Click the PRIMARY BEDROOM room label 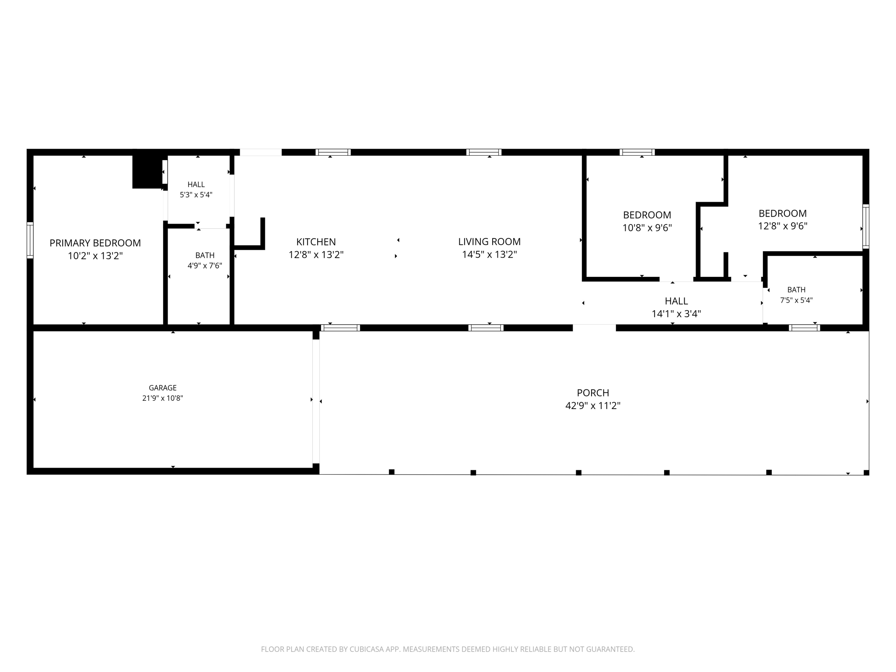point(95,243)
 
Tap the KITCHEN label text point(316,242)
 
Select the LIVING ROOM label point(489,241)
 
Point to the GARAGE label point(163,388)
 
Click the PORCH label point(593,393)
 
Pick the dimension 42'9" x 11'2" point(593,406)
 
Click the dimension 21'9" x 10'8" point(163,398)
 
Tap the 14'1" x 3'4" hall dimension point(676,314)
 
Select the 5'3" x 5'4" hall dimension point(196,195)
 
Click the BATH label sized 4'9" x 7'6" point(205,255)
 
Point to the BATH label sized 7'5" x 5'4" point(796,290)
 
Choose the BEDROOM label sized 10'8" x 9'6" point(647,215)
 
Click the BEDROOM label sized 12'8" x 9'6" point(783,213)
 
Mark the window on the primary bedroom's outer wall point(30,240)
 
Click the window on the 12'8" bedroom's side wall point(866,227)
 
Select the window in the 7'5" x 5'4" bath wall point(805,328)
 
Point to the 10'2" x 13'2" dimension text point(95,255)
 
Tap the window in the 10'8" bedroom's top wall point(637,152)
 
